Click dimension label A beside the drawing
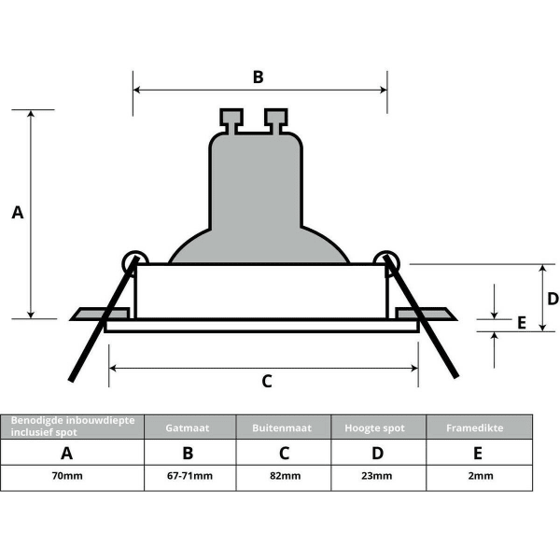(x=17, y=213)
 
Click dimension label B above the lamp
(x=259, y=77)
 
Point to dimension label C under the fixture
(x=266, y=381)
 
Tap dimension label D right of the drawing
(x=553, y=299)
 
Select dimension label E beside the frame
(x=522, y=323)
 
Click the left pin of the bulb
(x=230, y=119)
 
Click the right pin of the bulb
(x=275, y=119)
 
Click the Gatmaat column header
(x=189, y=427)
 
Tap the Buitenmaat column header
(x=284, y=427)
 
